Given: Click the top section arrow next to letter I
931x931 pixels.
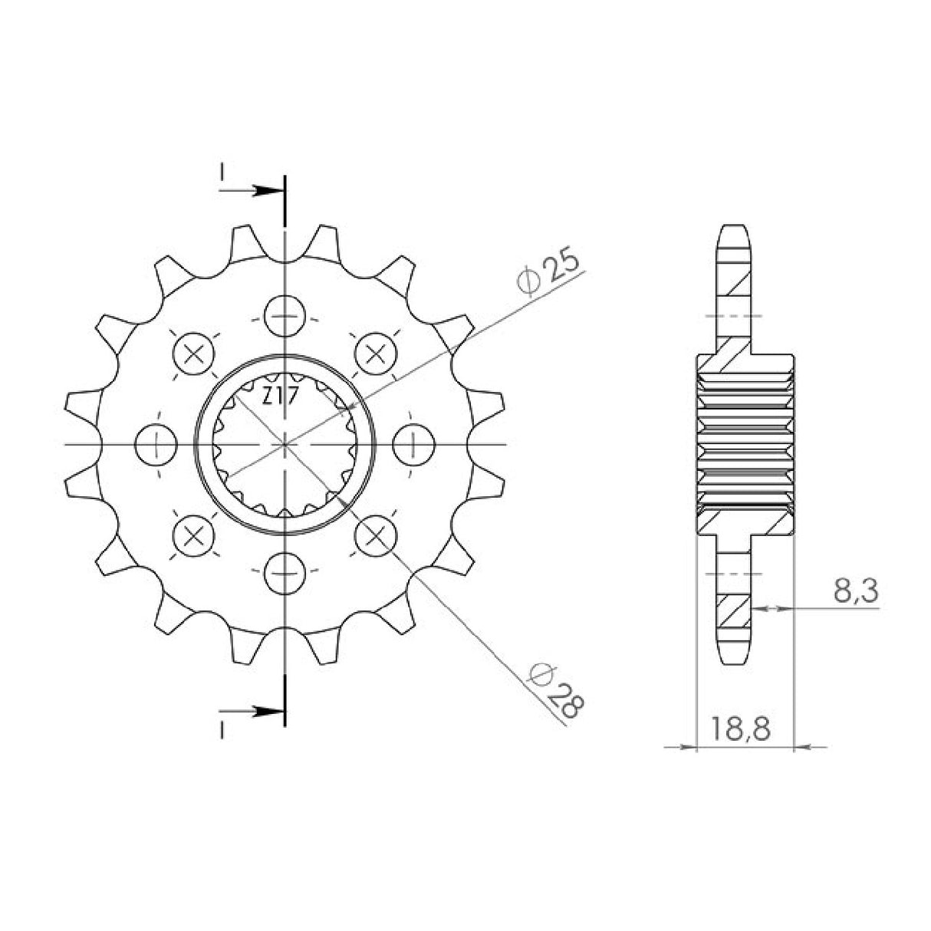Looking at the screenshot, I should [x=265, y=190].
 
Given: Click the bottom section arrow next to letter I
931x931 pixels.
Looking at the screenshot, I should [x=265, y=712].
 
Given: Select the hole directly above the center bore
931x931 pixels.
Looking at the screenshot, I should [x=285, y=316].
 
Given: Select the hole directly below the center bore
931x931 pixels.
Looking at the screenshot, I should [x=285, y=572].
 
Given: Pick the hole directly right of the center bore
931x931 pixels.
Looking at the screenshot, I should [x=413, y=444].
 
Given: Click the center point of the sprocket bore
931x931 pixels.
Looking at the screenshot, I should [x=285, y=444].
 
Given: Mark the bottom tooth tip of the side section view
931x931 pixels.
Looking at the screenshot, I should [x=735, y=660].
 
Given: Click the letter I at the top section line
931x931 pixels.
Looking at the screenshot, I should [x=222, y=175].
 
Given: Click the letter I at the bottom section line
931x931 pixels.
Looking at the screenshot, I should [x=222, y=731].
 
